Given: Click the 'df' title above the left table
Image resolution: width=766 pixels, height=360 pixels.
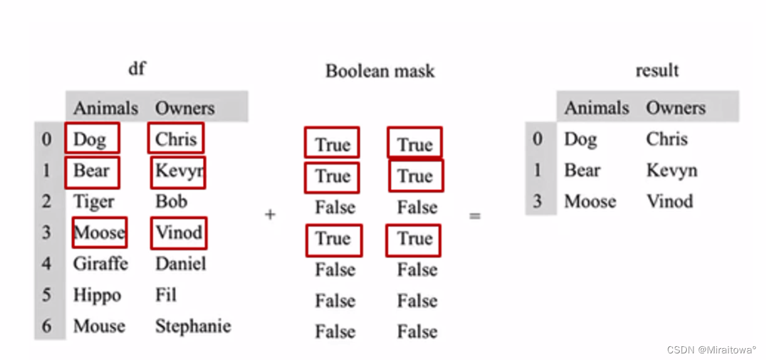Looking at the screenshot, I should click(136, 68).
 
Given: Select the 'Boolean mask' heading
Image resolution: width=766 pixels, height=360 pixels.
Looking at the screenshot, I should click(380, 71).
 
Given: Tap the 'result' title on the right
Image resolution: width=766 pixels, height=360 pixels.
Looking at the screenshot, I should click(657, 70).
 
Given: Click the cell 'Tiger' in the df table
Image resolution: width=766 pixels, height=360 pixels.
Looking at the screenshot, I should click(94, 202).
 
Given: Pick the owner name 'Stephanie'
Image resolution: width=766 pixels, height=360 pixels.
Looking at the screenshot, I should click(193, 326).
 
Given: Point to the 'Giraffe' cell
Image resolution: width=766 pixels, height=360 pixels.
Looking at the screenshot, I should click(100, 264).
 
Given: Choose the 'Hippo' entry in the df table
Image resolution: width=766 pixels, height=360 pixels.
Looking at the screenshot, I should click(97, 295).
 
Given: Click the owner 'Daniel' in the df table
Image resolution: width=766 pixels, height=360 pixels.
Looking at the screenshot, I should click(181, 264).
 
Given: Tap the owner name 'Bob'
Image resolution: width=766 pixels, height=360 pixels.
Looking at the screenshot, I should click(171, 201).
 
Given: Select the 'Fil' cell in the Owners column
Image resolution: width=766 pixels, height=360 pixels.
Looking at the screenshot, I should click(165, 294).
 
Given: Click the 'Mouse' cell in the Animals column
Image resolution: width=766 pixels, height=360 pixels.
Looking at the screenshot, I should click(99, 326).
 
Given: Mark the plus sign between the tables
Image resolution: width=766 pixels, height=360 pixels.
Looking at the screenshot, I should click(270, 215).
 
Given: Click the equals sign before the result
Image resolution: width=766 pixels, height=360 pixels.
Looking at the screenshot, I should click(475, 216).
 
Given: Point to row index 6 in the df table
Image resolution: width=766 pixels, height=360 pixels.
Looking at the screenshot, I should click(47, 326).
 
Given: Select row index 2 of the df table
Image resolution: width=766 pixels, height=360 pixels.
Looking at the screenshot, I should click(47, 202).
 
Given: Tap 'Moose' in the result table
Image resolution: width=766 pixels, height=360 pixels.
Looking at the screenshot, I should click(590, 201).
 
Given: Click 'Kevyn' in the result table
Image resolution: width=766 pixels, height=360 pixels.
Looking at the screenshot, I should click(671, 170).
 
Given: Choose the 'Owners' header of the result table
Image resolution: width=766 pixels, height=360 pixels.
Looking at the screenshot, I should click(675, 107).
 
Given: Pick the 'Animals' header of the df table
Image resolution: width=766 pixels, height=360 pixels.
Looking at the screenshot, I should click(105, 107).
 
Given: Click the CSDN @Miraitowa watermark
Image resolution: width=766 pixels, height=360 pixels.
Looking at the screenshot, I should click(711, 349).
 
